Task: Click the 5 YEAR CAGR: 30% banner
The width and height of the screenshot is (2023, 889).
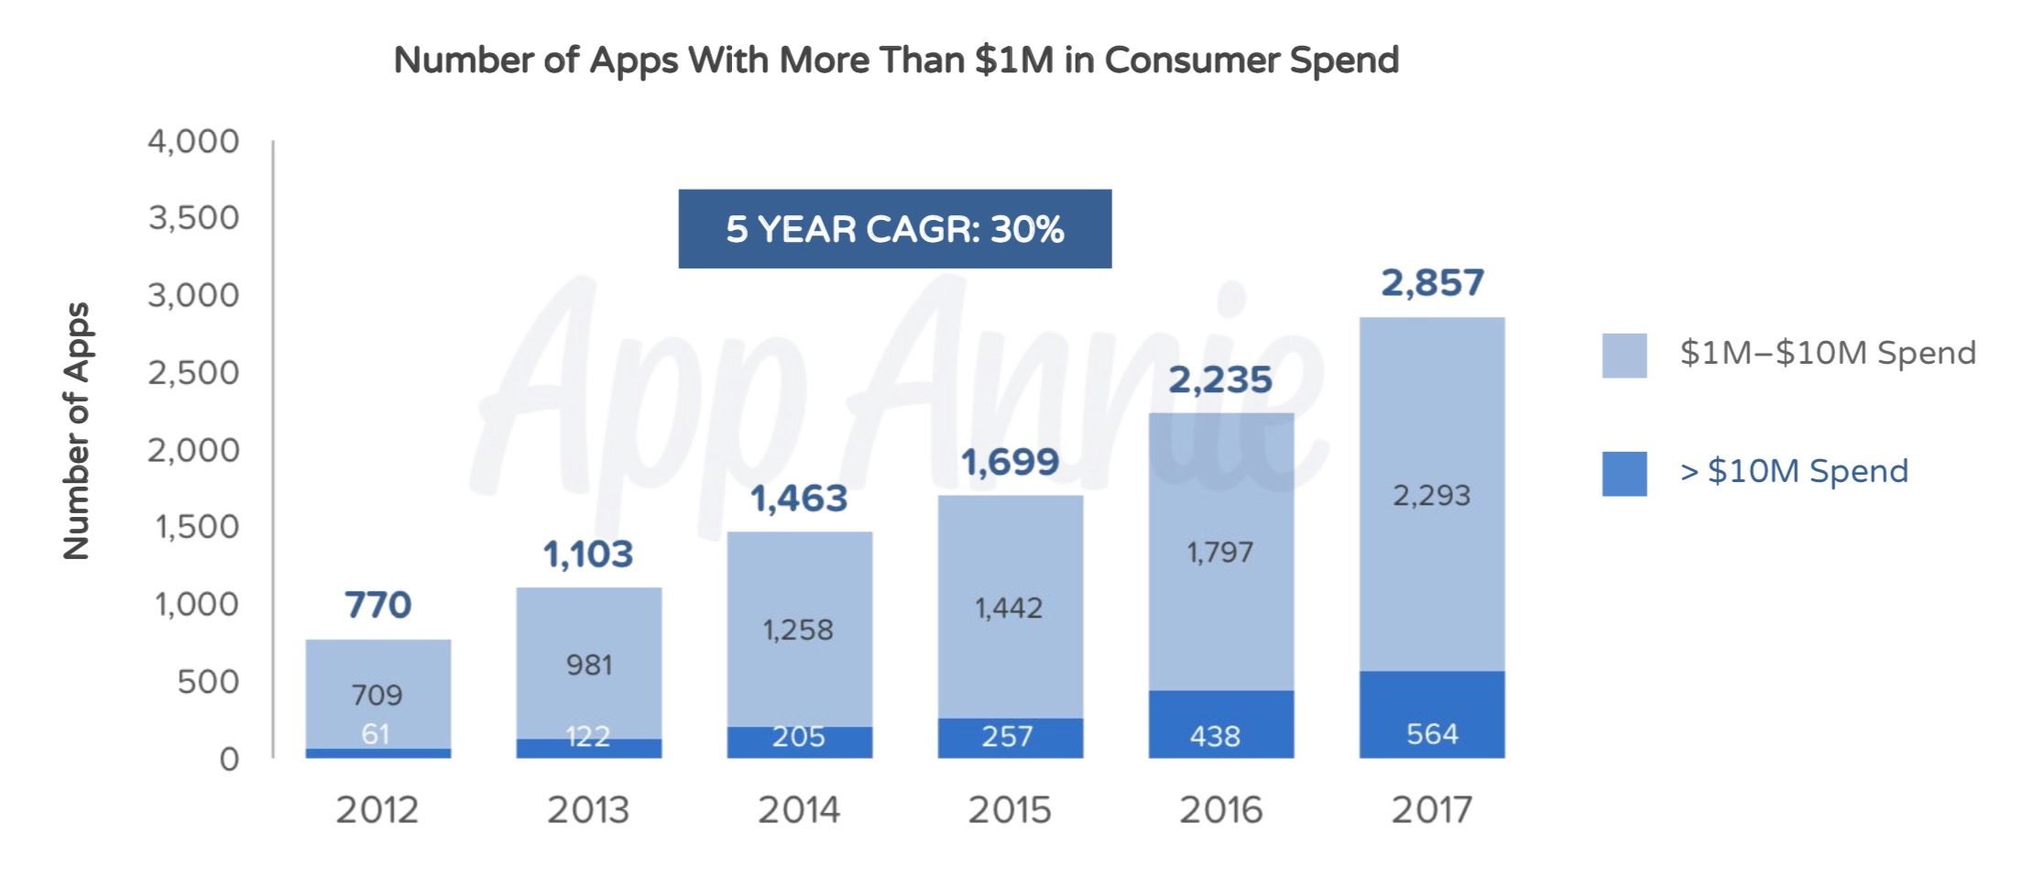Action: coord(894,229)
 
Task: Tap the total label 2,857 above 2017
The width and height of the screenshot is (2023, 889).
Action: coord(1432,283)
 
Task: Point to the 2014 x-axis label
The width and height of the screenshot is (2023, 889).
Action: coord(798,810)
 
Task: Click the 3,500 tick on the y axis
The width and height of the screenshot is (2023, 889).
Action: coord(193,218)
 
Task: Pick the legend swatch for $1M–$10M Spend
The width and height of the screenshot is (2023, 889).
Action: coord(1624,356)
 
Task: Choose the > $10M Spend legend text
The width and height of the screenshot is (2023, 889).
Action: coord(1794,471)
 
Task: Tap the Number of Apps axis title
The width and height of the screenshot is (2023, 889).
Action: coord(77,431)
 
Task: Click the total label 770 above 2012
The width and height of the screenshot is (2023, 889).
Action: coord(377,605)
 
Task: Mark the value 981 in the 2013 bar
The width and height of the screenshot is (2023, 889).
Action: coord(588,664)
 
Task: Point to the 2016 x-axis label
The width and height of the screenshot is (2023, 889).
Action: coord(1220,810)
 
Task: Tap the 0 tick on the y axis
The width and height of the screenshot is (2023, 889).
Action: coord(229,759)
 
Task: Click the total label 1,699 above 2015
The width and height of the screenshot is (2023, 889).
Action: coord(1010,462)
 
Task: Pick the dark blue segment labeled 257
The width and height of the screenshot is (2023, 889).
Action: coord(1010,738)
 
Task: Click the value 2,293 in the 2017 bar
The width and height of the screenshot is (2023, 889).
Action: coord(1432,496)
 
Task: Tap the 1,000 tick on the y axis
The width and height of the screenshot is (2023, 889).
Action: coord(196,605)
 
